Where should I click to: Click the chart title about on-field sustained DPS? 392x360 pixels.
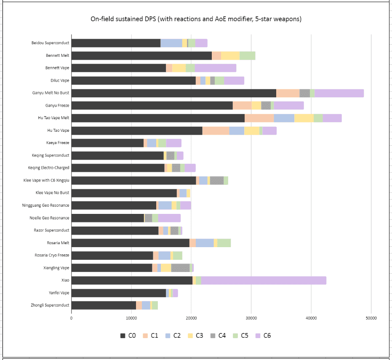(x=196, y=19)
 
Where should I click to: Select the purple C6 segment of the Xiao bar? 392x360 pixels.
(x=264, y=280)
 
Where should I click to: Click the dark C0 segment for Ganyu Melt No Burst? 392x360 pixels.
(x=173, y=93)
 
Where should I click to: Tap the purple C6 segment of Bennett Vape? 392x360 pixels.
(x=216, y=68)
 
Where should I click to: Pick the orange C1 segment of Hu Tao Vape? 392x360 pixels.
(x=216, y=131)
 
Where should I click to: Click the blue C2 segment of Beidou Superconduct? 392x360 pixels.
(x=171, y=43)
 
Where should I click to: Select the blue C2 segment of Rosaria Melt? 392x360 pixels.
(x=205, y=243)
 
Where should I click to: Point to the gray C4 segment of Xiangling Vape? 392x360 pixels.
(x=180, y=268)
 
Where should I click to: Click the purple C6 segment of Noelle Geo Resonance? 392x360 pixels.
(x=169, y=218)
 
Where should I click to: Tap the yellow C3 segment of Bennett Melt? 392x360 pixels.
(x=230, y=56)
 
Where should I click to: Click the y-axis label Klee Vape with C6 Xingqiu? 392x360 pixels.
(x=46, y=180)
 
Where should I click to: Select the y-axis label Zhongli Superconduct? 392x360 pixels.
(x=50, y=305)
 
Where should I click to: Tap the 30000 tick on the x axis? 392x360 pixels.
(x=251, y=318)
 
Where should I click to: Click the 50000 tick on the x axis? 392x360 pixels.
(x=371, y=318)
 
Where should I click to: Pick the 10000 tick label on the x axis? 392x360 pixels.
(x=131, y=318)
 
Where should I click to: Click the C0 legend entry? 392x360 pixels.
(x=128, y=336)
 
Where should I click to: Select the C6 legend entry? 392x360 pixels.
(x=262, y=336)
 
